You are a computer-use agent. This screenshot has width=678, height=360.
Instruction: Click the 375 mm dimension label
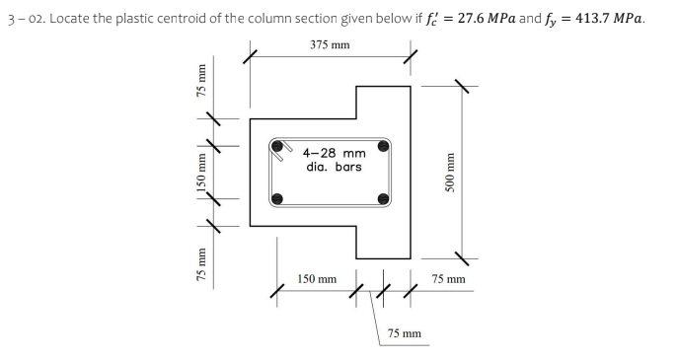coord(329,45)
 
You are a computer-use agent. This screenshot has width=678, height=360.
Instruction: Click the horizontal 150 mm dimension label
coord(317,280)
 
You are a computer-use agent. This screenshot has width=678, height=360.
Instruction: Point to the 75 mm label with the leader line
coord(404,333)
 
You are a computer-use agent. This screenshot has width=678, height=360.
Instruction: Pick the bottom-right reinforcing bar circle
coord(381,200)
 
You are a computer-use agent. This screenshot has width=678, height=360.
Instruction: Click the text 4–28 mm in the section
coord(335,153)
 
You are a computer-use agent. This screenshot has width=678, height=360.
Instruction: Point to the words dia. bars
coord(335,167)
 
